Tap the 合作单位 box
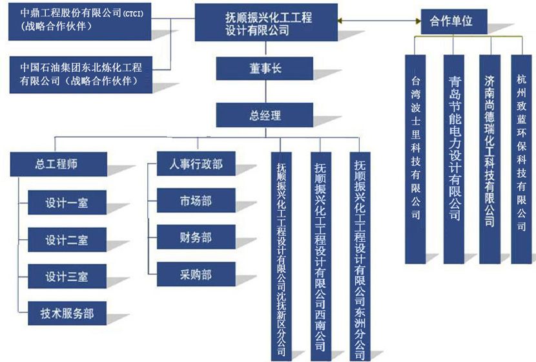pos(451,21)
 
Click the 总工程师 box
pos(54,164)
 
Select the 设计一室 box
pos(67,203)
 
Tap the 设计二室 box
pos(67,240)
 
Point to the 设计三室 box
pos(67,277)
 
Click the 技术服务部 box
pos(67,314)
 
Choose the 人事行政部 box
pos(196,164)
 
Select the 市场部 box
pos(196,201)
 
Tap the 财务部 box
pos(196,238)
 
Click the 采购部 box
pos(196,275)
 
